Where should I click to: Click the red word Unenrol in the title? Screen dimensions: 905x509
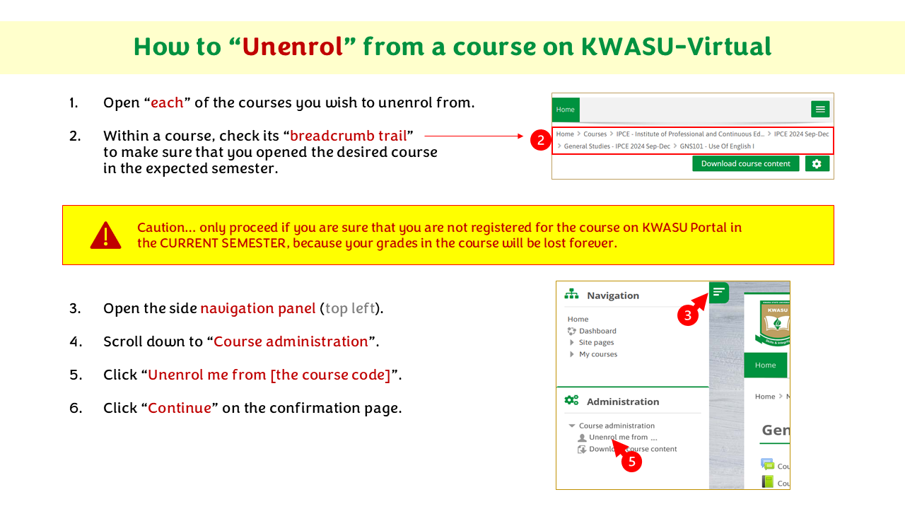tap(293, 47)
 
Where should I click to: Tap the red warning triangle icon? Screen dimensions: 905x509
tap(105, 235)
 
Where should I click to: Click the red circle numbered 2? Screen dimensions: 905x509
tap(541, 140)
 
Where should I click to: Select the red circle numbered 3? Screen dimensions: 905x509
tap(688, 315)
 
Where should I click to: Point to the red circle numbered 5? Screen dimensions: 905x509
tap(632, 462)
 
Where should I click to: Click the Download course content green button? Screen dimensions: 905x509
tap(745, 163)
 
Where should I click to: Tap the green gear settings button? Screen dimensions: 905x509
tap(817, 163)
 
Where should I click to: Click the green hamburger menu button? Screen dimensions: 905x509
tap(820, 109)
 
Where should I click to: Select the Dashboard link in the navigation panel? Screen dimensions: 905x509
tap(597, 331)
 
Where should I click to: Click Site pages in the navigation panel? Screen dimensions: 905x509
tap(596, 343)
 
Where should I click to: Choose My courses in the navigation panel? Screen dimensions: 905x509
tap(598, 354)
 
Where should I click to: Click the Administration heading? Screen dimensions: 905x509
tap(623, 402)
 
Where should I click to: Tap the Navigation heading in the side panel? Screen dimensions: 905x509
tap(613, 296)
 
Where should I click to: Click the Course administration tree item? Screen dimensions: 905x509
tap(617, 426)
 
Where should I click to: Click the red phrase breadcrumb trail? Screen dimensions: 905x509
tap(349, 136)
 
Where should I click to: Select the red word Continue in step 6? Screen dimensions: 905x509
tap(180, 408)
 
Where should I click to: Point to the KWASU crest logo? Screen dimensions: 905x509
tap(773, 322)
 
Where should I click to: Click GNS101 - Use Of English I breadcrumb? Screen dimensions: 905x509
tap(717, 146)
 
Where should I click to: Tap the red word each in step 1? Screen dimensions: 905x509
tap(167, 103)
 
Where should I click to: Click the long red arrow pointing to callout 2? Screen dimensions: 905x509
tap(474, 136)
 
